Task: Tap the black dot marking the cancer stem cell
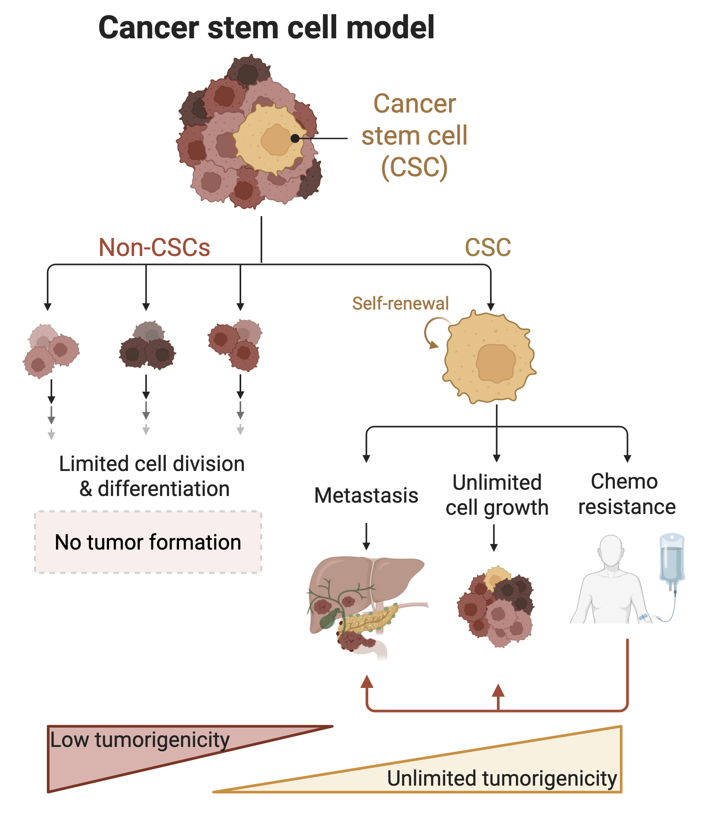295,138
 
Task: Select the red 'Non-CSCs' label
154,247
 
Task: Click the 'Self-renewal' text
400,303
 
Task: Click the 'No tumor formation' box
148,542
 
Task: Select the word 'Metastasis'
366,495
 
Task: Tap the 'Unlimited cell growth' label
497,495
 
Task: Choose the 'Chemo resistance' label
627,494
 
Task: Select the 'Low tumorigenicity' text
140,740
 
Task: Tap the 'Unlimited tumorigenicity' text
502,779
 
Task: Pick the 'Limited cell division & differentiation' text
152,476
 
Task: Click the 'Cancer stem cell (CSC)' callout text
414,136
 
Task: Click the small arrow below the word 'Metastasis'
366,536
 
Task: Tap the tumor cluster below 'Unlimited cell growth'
496,606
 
